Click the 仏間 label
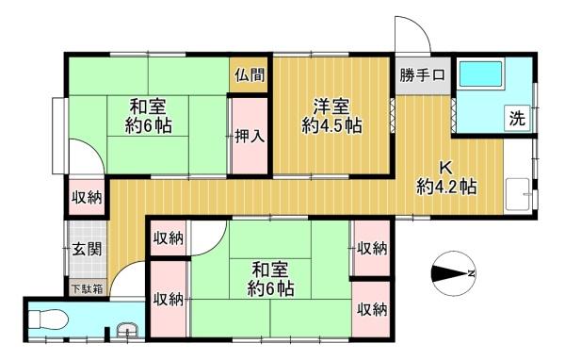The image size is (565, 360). pos(250,75)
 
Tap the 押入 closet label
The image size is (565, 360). pos(250,137)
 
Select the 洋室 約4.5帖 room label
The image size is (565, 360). pos(331,116)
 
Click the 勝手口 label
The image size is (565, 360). pos(422,75)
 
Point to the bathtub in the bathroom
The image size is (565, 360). pos(480,74)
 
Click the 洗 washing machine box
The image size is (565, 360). pos(517,118)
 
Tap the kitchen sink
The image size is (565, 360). pos(518,194)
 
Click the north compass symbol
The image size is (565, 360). pos(453,273)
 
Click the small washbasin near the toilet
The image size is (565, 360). pos(127,330)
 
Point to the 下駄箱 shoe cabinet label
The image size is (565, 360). pos(88,289)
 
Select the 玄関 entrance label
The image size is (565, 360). pos(87,249)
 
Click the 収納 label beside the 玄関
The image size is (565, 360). pos(87,197)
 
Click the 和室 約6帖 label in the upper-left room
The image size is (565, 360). pos(148,116)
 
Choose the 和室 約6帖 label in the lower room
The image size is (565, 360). pos(270,279)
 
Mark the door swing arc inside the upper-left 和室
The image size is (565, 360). pos(94,149)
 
